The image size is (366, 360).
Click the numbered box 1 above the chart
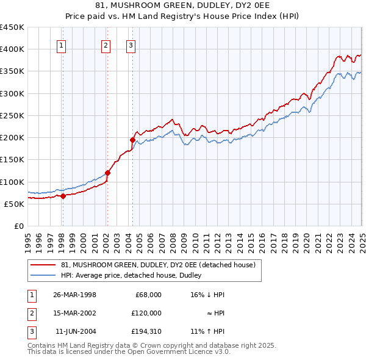pyautogui.click(x=62, y=45)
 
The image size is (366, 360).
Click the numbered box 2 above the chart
pyautogui.click(x=106, y=45)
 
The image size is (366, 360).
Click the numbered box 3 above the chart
pyautogui.click(x=131, y=45)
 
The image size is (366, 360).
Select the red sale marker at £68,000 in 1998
pyautogui.click(x=63, y=196)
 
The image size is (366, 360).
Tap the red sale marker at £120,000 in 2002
pyautogui.click(x=107, y=173)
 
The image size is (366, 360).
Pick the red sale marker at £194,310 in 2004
pyautogui.click(x=132, y=140)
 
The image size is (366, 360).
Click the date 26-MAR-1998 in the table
pyautogui.click(x=74, y=295)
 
